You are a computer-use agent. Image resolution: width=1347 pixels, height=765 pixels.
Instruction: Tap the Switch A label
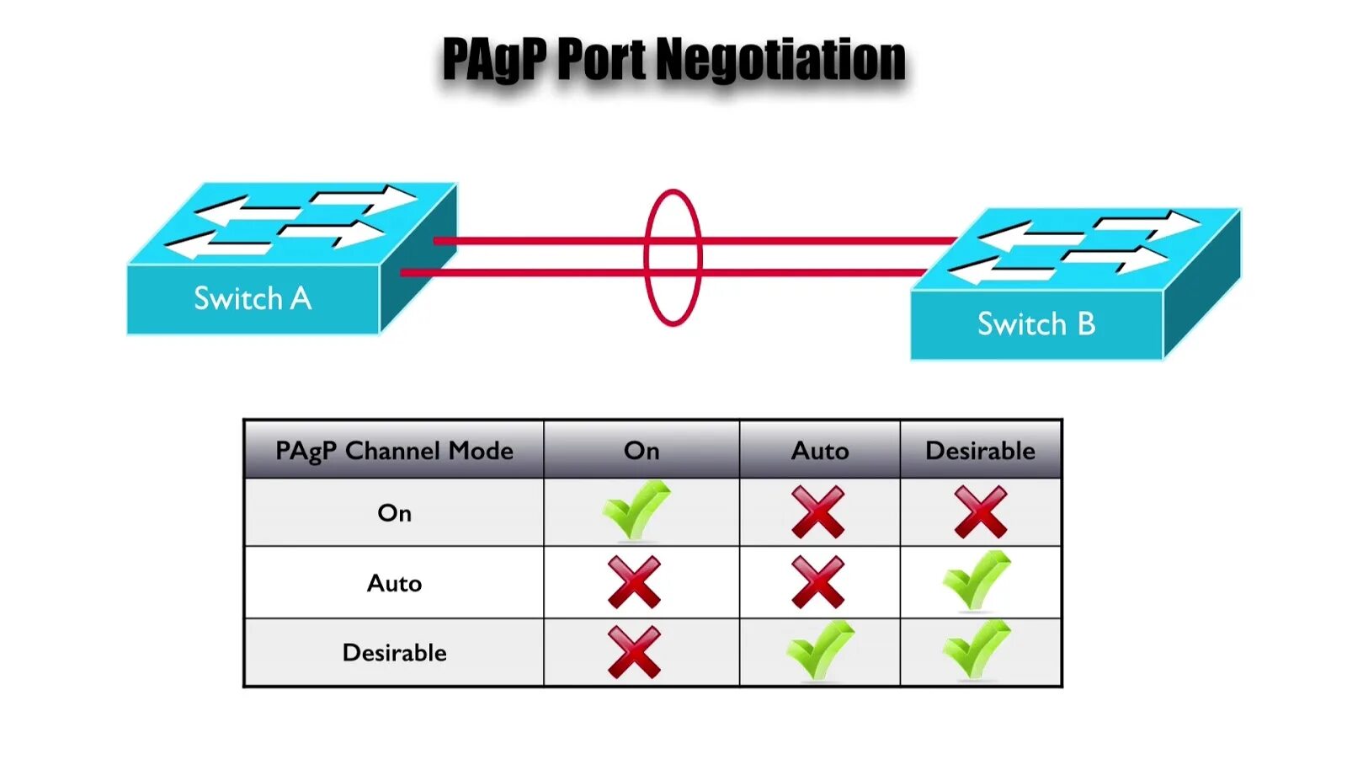(x=253, y=298)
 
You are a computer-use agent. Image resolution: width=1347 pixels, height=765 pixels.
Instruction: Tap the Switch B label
(x=1036, y=324)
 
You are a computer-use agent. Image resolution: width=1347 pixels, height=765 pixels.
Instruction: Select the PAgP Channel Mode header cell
(x=394, y=451)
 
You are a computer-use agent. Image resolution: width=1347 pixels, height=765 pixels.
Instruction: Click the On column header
(x=642, y=451)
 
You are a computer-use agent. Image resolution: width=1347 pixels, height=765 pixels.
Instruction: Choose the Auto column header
(x=820, y=451)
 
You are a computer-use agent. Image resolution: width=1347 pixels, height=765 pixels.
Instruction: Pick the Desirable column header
(x=980, y=451)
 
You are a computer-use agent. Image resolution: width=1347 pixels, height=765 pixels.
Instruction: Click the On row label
(x=394, y=512)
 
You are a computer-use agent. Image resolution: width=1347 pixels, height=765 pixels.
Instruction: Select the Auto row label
(x=394, y=582)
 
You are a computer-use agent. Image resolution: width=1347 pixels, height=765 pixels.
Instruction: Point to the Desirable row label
(x=394, y=652)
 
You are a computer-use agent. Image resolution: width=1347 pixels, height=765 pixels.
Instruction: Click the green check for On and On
(x=636, y=510)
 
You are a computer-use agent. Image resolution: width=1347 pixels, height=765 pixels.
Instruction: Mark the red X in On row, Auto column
(x=817, y=511)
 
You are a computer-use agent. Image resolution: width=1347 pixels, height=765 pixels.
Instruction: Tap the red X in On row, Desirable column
(x=981, y=511)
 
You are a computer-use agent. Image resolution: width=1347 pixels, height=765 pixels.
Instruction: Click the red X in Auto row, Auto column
(x=817, y=581)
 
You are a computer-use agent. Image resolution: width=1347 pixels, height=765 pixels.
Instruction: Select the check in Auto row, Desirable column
(x=977, y=580)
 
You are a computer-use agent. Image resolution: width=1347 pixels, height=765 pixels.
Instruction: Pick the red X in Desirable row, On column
(x=634, y=651)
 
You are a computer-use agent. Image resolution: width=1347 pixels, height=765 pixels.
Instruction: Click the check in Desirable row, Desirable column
(x=977, y=650)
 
